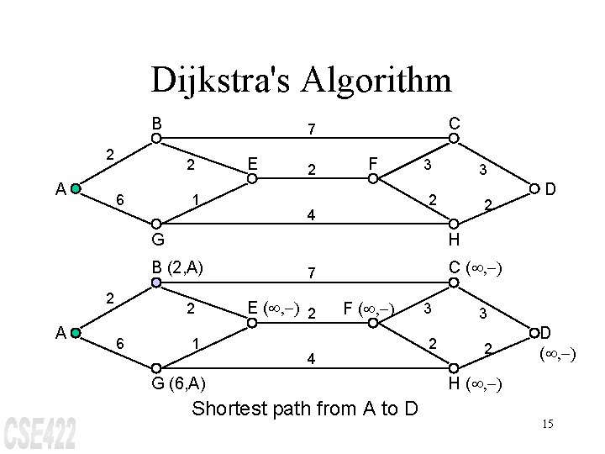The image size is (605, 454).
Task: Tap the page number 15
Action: coord(547,423)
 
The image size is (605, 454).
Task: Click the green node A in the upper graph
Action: coord(76,189)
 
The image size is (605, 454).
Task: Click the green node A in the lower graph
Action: coord(76,333)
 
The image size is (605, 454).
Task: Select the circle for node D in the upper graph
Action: coord(530,190)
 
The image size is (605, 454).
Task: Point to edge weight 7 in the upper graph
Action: coord(311,129)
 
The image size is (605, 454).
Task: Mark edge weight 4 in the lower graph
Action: coord(311,359)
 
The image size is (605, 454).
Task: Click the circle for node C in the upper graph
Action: coord(453,139)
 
